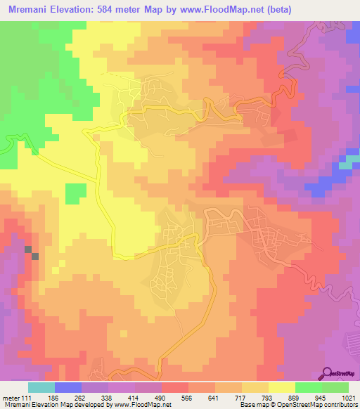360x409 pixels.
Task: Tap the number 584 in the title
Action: tap(106, 9)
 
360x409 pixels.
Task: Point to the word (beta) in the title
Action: tap(257, 9)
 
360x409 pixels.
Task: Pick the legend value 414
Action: tap(135, 398)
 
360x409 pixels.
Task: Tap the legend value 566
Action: tap(188, 398)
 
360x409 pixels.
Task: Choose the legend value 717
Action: tap(242, 398)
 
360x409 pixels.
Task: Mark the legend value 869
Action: tap(295, 398)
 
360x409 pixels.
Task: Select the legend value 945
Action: tap(322, 398)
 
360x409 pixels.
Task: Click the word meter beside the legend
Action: tap(12, 398)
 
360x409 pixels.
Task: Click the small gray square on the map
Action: tap(29, 249)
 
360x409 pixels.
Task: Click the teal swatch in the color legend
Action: tap(41, 387)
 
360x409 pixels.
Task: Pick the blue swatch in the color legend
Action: tap(68, 387)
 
